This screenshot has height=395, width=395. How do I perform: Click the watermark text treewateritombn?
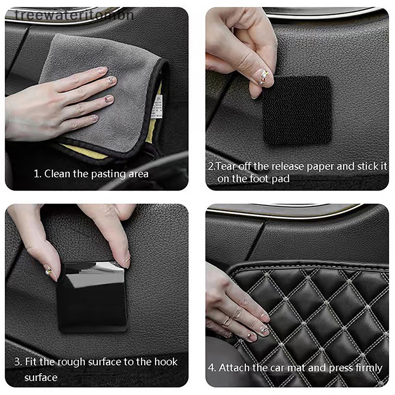[x=75, y=15]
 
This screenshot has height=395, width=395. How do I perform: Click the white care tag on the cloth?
[x=158, y=107]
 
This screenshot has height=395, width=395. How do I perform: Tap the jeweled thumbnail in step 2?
[x=263, y=77]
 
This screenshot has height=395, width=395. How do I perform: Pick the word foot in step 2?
[x=260, y=179]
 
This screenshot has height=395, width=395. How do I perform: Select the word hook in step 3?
[x=166, y=362]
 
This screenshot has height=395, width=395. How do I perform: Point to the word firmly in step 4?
[x=369, y=368]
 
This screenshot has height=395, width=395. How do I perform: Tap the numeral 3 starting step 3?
[x=17, y=362]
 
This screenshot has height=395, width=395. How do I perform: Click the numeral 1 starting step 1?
[x=37, y=174]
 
